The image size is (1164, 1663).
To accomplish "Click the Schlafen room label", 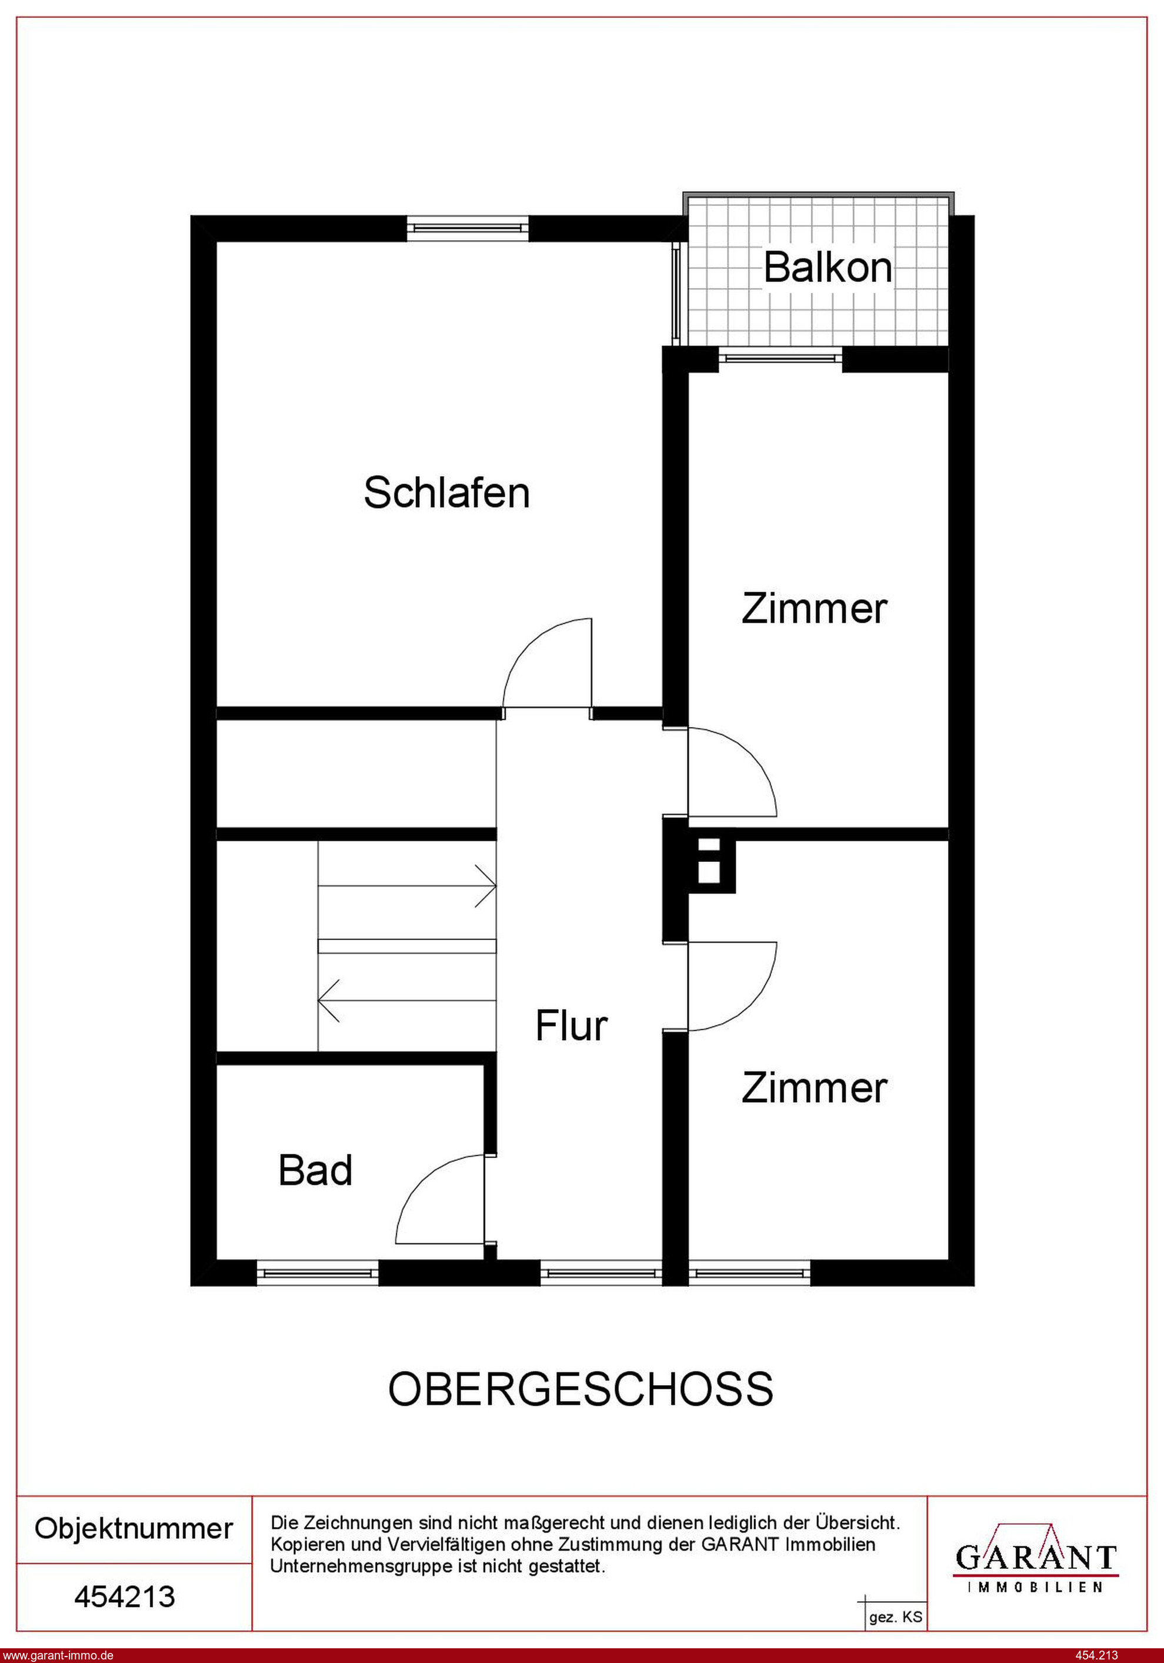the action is [446, 493].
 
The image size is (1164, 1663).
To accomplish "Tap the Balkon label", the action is [828, 267].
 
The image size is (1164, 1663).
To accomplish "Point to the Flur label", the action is [571, 1025].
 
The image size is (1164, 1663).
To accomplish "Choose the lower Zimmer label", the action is [813, 1088].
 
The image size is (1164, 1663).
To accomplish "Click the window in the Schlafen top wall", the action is [468, 228].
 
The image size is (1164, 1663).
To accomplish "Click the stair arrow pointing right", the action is [407, 885].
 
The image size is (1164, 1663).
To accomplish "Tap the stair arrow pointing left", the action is [407, 1000].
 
